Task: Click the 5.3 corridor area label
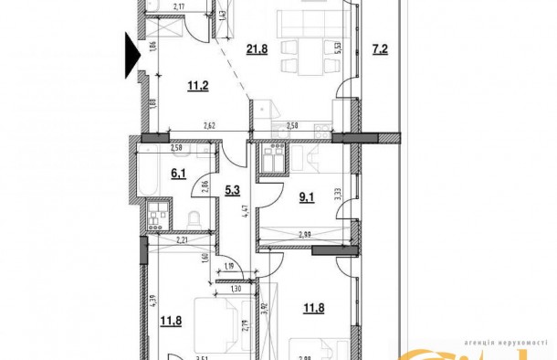tap(231, 191)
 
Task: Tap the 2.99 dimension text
tap(302, 236)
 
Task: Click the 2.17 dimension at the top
tap(179, 7)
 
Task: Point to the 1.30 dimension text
tap(235, 289)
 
